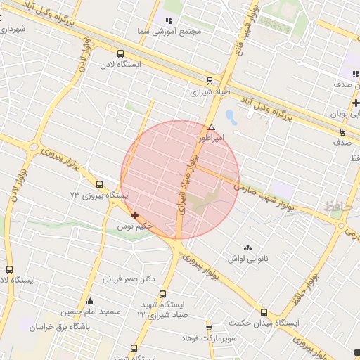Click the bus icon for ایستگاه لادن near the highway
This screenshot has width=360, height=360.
pos(120,53)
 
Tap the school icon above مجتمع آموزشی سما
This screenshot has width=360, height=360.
pos(168,21)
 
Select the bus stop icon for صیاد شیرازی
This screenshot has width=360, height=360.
pos(210,80)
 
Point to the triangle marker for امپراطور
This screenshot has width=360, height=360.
pos(211,127)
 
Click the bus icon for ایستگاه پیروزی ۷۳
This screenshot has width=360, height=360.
pos(98,184)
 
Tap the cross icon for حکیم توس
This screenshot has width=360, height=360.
pos(134,216)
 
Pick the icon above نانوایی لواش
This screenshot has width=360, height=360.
pos(246,248)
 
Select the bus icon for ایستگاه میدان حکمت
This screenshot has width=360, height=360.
pos(264,312)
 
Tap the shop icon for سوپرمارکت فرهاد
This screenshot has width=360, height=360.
pos(209,327)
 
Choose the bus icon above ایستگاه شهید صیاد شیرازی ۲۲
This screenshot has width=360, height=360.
pos(162,294)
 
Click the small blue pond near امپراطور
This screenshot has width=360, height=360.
pos(230,114)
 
